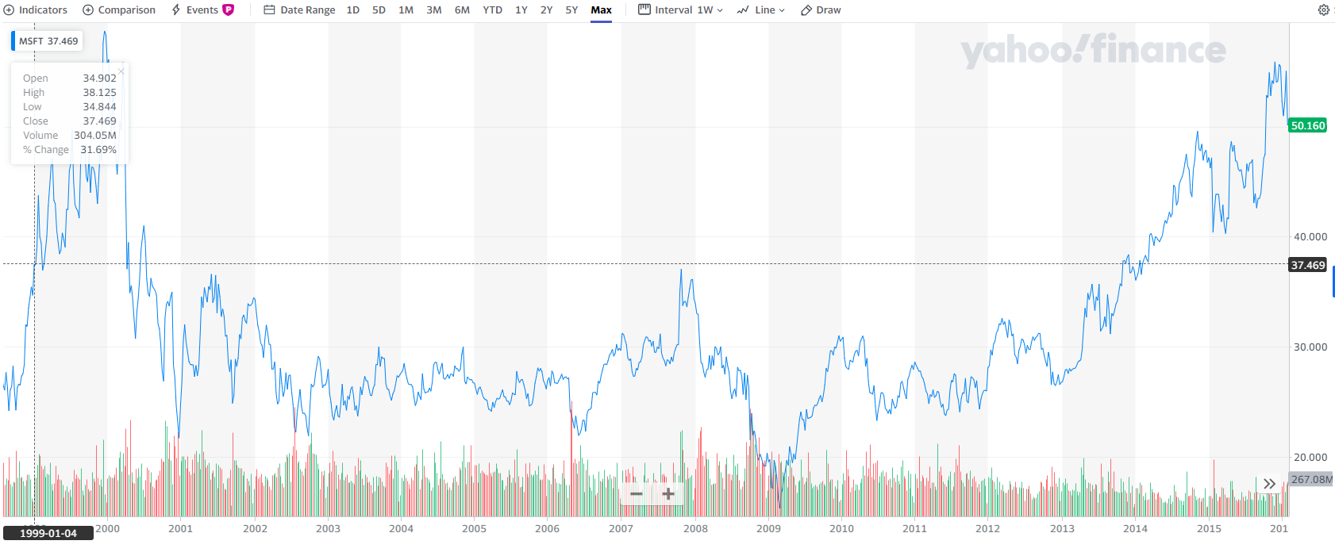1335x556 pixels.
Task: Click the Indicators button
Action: point(36,10)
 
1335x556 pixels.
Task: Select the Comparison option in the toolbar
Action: point(119,10)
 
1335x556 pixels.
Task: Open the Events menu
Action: point(202,10)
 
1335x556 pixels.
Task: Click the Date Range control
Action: point(299,10)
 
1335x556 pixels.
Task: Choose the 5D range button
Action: point(379,10)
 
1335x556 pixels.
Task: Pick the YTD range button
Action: point(492,10)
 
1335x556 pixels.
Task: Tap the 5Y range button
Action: point(571,10)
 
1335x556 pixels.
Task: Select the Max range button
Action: point(601,10)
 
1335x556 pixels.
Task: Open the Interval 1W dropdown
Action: point(680,10)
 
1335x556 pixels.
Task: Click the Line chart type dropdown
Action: point(760,10)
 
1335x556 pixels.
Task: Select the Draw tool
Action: point(821,10)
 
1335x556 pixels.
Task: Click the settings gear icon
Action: point(1323,10)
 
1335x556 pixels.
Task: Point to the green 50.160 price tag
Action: point(1307,125)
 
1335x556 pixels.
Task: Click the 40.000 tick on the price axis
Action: point(1310,236)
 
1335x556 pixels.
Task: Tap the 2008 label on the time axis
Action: point(695,529)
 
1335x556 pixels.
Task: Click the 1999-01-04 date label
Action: point(48,533)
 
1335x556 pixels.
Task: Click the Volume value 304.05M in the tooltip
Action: point(95,136)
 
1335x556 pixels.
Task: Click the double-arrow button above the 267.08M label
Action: point(1269,484)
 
